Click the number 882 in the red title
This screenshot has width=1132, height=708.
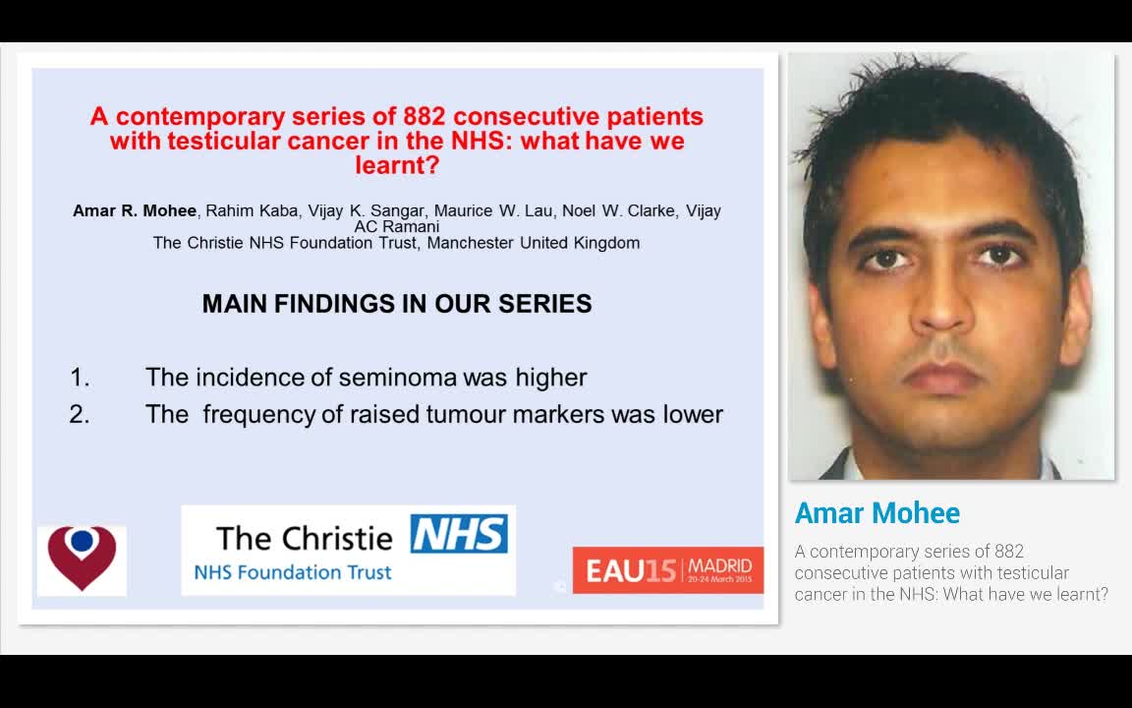click(x=424, y=116)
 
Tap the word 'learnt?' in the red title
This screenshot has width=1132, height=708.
click(x=397, y=165)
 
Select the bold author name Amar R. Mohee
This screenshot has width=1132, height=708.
click(x=135, y=211)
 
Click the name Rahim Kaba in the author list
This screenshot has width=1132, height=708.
click(x=252, y=211)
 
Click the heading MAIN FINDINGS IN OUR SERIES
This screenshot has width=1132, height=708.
click(x=397, y=304)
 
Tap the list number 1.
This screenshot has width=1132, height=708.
click(x=80, y=378)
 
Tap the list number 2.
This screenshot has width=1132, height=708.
click(x=80, y=414)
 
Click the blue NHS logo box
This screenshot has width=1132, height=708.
click(x=459, y=533)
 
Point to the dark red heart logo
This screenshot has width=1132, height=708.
click(x=82, y=558)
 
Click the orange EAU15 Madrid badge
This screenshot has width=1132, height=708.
click(x=668, y=570)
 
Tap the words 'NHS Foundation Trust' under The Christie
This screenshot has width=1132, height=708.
click(x=293, y=572)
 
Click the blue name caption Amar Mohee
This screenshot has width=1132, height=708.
click(x=877, y=513)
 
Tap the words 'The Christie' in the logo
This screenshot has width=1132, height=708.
click(x=304, y=538)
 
